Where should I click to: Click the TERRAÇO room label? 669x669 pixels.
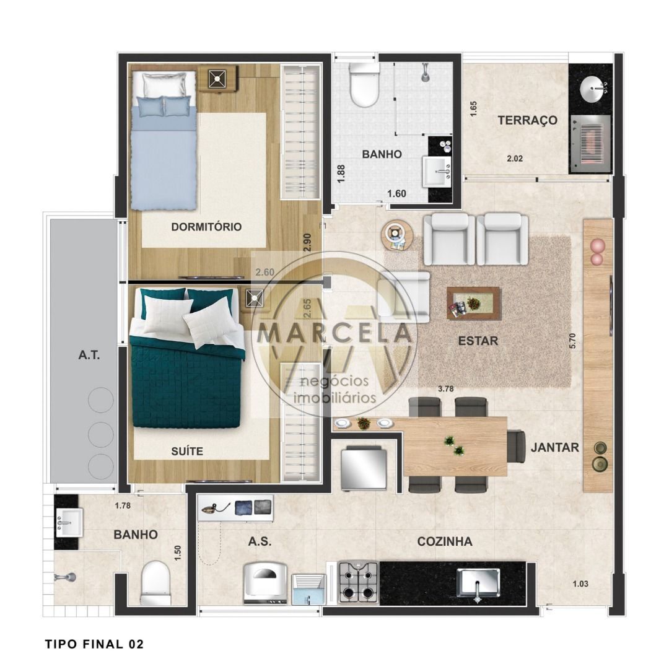click(x=527, y=120)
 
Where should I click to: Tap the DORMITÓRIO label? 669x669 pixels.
click(x=206, y=227)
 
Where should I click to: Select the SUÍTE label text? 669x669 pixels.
click(x=187, y=451)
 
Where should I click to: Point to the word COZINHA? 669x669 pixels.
click(x=445, y=541)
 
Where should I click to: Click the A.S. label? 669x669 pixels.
click(x=260, y=541)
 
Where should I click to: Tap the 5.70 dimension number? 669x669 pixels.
click(x=572, y=341)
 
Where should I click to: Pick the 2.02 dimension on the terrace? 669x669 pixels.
click(x=515, y=159)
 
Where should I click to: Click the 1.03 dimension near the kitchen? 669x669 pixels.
click(x=580, y=584)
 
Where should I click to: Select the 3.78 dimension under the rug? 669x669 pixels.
click(x=446, y=388)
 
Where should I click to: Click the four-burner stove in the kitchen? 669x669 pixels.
click(x=359, y=582)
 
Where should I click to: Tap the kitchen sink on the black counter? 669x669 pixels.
click(x=478, y=583)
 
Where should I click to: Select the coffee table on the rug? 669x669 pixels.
click(x=474, y=303)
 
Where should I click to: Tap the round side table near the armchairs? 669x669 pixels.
click(x=397, y=235)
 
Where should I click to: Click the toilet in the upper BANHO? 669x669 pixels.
click(x=364, y=85)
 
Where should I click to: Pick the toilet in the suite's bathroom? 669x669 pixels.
click(x=155, y=583)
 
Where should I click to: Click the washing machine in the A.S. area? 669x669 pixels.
click(x=266, y=583)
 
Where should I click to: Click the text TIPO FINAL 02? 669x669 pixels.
click(x=94, y=644)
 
